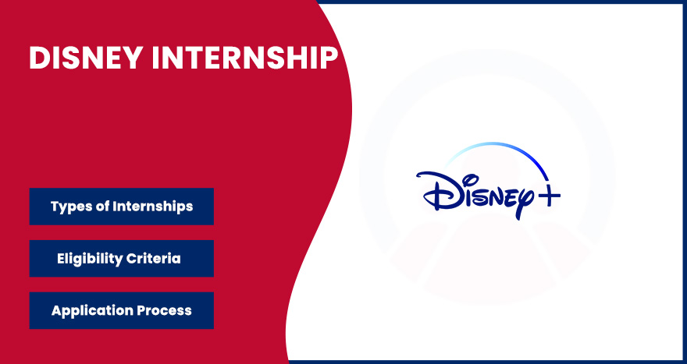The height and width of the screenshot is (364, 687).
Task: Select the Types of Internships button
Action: [121, 207]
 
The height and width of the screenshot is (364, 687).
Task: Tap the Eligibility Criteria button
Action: [121, 258]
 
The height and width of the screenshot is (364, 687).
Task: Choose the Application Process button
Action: [121, 310]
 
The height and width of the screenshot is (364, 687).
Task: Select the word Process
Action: [163, 310]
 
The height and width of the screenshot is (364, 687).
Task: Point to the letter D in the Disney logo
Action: [434, 191]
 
